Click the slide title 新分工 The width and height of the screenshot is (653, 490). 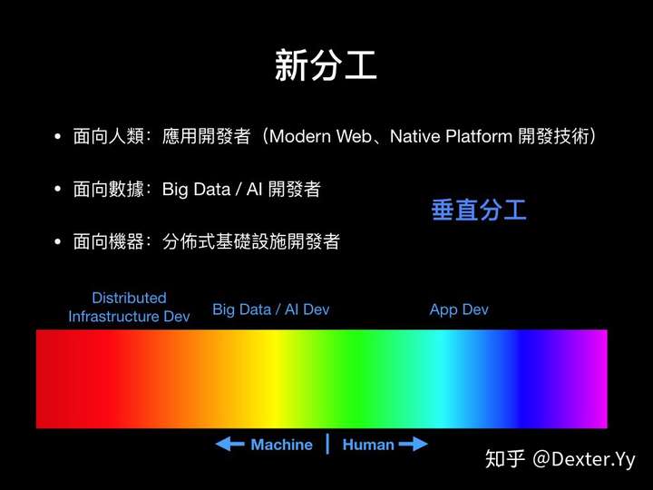326,65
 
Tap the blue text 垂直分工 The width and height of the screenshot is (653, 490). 479,210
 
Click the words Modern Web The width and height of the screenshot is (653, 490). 320,136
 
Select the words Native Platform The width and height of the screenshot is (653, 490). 451,136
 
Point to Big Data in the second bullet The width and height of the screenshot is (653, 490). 196,190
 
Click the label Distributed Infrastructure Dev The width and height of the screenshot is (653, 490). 129,307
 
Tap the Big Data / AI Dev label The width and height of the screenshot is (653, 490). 270,309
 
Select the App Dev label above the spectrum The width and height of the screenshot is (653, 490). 459,309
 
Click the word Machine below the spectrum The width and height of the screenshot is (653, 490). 281,445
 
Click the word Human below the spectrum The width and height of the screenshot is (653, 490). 368,445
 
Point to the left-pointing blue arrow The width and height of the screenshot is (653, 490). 229,444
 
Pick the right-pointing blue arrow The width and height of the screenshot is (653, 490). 414,444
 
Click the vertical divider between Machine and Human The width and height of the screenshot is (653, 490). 327,444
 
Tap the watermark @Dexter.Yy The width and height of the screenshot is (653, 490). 584,459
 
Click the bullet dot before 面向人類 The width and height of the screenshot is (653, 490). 57,137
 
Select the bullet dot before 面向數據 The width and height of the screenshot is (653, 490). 57,189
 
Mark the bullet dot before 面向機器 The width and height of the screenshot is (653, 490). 57,241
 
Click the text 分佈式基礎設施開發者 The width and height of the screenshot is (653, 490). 251,241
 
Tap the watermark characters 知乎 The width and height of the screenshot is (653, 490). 505,459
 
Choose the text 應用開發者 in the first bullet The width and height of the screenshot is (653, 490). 206,136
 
